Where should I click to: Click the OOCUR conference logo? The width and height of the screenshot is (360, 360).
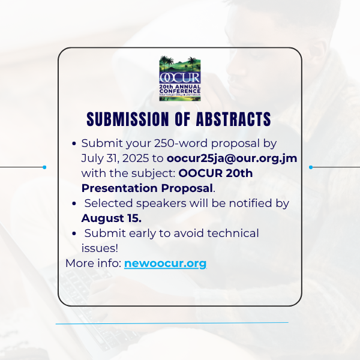180,78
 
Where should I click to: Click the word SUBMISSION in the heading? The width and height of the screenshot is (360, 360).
128,119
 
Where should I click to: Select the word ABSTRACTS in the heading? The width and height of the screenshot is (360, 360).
233,119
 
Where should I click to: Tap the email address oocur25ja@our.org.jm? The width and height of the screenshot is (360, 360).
232,158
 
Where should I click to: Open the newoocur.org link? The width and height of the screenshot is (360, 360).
166,263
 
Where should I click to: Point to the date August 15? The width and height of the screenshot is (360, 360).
112,218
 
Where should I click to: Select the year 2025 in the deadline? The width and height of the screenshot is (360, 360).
136,158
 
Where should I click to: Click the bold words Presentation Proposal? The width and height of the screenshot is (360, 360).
147,188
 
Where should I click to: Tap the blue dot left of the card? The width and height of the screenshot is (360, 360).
44,167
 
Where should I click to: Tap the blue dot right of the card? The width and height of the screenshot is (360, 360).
311,167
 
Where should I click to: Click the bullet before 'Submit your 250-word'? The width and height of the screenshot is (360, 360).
74,144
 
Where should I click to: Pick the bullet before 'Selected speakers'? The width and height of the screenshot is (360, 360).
74,203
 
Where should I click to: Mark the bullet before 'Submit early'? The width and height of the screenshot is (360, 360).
74,234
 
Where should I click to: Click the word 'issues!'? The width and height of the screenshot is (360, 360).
100,248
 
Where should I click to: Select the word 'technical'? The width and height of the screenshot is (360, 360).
233,233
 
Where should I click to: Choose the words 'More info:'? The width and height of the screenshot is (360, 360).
94,263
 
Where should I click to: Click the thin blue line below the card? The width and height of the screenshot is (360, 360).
172,323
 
